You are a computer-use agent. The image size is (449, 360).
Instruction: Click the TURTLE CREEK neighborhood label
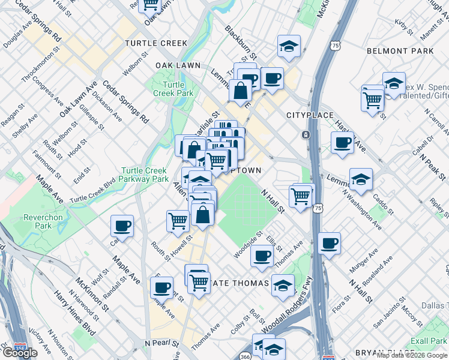[156, 43]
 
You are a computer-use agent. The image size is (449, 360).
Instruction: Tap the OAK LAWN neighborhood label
[178, 65]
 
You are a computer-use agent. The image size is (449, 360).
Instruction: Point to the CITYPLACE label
[309, 115]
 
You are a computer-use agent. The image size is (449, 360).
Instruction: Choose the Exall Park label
[429, 341]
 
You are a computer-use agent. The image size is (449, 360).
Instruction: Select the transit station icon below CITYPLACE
[306, 135]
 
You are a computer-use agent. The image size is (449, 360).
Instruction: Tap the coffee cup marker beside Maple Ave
[122, 226]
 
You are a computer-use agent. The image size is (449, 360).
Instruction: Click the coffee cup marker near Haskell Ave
[343, 143]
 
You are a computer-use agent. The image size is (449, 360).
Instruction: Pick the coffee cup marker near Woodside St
[262, 256]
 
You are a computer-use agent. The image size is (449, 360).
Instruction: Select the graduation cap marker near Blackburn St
[289, 46]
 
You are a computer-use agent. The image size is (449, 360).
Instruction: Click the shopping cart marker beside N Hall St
[300, 196]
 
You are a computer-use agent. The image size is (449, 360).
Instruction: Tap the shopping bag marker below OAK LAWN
[240, 91]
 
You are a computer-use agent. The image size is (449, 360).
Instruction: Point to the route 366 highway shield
[245, 355]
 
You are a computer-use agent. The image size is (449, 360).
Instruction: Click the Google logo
[20, 352]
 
